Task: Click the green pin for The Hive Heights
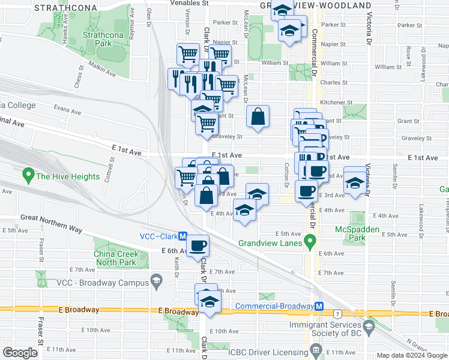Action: [28, 176]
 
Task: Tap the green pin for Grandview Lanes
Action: [310, 242]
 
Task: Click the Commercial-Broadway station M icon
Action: [320, 306]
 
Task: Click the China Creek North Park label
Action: [121, 258]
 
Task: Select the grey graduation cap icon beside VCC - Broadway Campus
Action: [157, 281]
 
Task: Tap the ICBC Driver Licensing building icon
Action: [316, 350]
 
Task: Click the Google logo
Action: [20, 353]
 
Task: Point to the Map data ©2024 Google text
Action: [412, 355]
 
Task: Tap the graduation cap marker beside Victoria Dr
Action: [355, 182]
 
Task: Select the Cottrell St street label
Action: [112, 166]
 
